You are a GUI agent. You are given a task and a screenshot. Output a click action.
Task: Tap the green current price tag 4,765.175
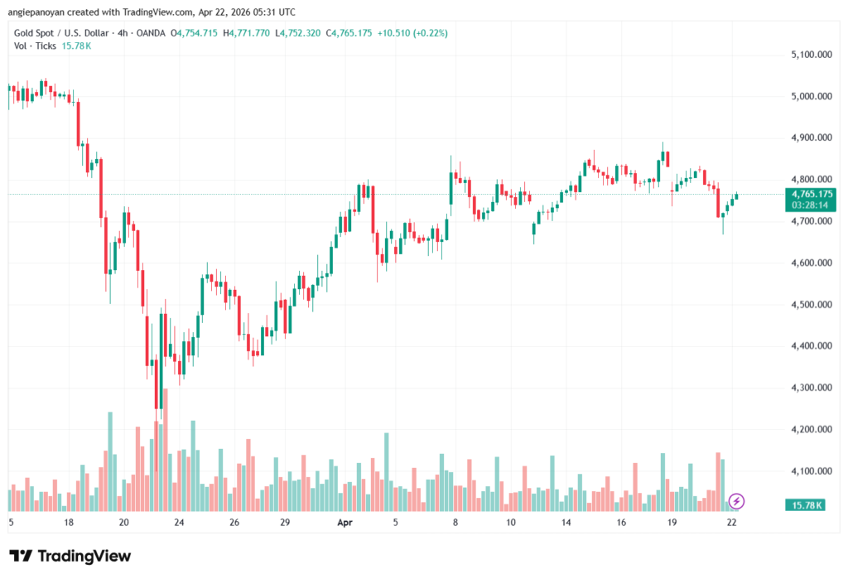812,194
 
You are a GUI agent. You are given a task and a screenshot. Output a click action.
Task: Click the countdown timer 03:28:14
812,204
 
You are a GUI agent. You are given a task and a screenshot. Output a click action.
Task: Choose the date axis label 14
566,523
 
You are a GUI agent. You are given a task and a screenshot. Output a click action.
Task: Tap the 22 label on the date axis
732,523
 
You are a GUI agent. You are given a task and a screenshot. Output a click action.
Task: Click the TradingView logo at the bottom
70,556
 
